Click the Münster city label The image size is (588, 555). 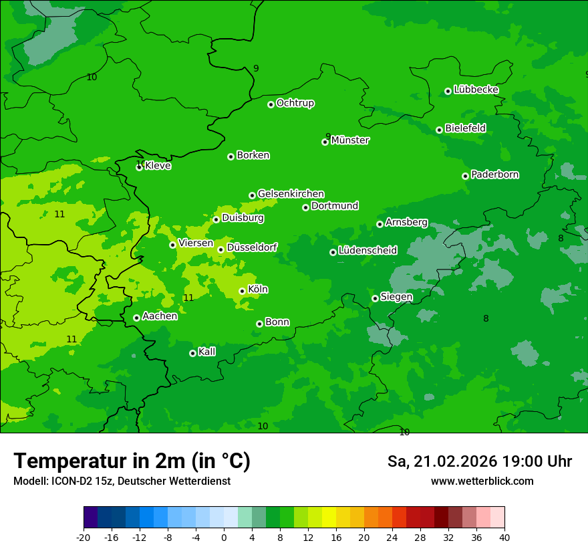350,140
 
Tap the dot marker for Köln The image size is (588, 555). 242,291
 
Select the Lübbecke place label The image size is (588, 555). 476,90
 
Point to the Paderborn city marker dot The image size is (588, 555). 465,176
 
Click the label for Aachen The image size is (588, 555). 160,316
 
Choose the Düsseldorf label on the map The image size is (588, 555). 252,247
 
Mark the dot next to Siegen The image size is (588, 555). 375,298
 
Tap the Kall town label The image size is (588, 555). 207,352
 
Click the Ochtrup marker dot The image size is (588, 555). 271,104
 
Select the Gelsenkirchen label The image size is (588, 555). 291,194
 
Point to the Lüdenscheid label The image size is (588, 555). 367,251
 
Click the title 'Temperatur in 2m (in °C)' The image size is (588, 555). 132,461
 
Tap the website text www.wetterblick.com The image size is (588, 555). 482,481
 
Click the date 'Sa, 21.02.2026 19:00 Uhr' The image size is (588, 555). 479,461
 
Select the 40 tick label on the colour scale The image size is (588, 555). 504,538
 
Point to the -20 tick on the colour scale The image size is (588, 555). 84,538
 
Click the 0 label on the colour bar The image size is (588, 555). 224,538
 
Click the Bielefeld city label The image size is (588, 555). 465,128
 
